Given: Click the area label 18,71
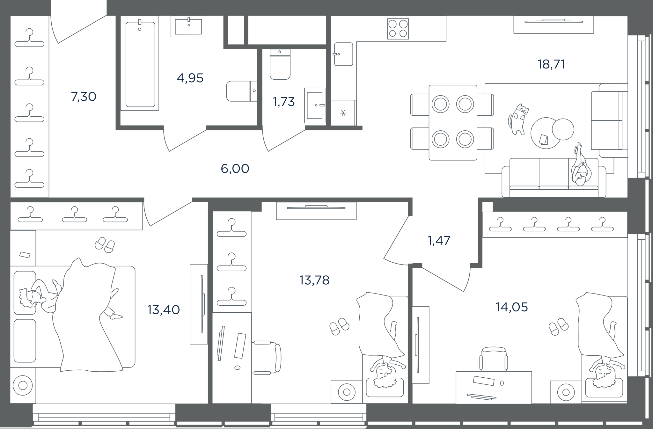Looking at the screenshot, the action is pyautogui.click(x=551, y=64).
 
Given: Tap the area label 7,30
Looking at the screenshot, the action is pyautogui.click(x=84, y=97).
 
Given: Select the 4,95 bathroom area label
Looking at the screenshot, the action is pyautogui.click(x=190, y=78).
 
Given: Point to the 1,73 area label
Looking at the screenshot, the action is pyautogui.click(x=283, y=102).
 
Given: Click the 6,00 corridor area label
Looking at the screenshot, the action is pyautogui.click(x=235, y=169).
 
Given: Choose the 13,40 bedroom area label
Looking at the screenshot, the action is pyautogui.click(x=164, y=310).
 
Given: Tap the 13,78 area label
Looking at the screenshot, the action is pyautogui.click(x=314, y=280).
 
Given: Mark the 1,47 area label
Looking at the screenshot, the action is pyautogui.click(x=439, y=241).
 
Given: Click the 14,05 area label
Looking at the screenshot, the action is pyautogui.click(x=512, y=307).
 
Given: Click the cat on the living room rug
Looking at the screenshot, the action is pyautogui.click(x=518, y=119).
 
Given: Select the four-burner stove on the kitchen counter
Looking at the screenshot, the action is pyautogui.click(x=398, y=29).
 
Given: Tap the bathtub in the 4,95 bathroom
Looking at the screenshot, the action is pyautogui.click(x=140, y=64).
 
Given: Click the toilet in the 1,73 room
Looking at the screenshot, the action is pyautogui.click(x=280, y=64).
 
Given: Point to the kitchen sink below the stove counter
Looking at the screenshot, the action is pyautogui.click(x=343, y=54).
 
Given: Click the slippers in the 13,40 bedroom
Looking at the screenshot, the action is pyautogui.click(x=105, y=245).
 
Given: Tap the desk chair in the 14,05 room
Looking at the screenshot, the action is pyautogui.click(x=493, y=359).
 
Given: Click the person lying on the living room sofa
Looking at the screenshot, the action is pyautogui.click(x=581, y=166).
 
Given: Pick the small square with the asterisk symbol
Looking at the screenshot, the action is pyautogui.click(x=343, y=113).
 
